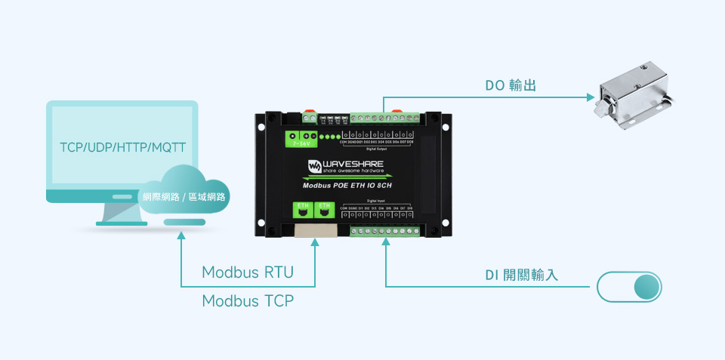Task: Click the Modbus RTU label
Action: (248, 272)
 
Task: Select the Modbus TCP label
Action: (248, 301)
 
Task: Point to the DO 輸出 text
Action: (511, 86)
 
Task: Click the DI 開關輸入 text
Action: (521, 275)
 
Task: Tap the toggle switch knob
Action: (646, 287)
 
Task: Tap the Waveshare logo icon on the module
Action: (313, 166)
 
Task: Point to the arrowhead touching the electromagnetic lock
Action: (591, 97)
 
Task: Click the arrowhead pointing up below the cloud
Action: (181, 236)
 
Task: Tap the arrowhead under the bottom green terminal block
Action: (386, 242)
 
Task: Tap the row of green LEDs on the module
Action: (329, 137)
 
